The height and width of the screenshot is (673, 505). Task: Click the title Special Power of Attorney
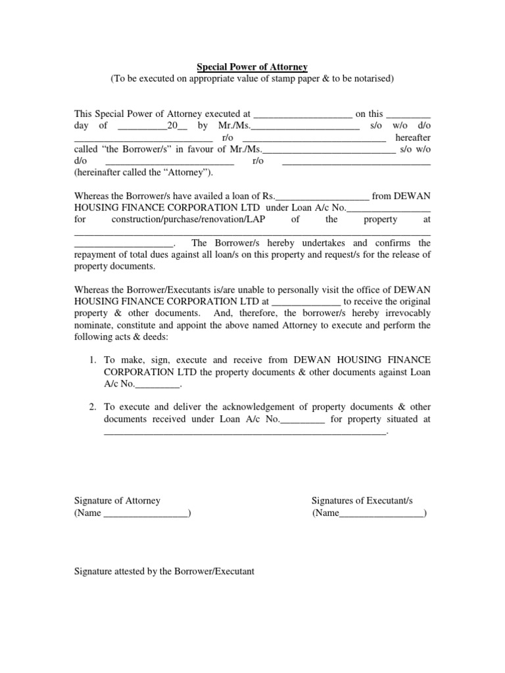(x=252, y=66)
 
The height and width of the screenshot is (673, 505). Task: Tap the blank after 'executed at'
(x=302, y=114)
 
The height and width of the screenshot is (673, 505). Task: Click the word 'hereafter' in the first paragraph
(x=412, y=138)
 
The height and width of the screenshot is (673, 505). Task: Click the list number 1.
(x=93, y=360)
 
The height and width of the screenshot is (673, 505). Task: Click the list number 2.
(x=93, y=407)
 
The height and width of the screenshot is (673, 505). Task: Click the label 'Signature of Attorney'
(x=117, y=501)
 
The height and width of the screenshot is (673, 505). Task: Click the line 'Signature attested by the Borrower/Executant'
(x=164, y=571)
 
